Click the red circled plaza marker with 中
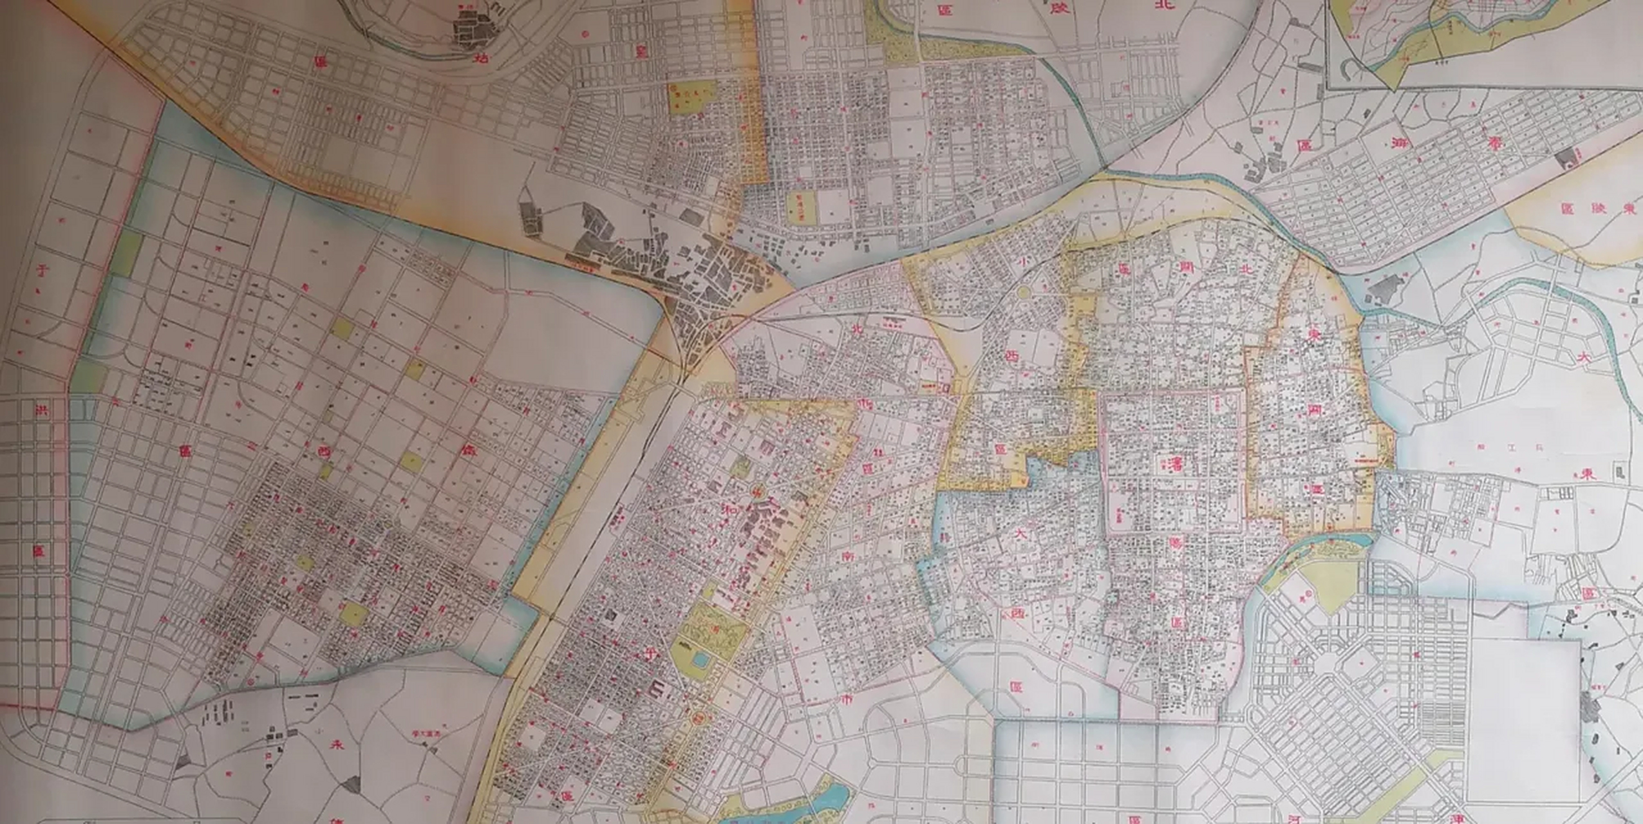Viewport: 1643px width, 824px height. (757, 491)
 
